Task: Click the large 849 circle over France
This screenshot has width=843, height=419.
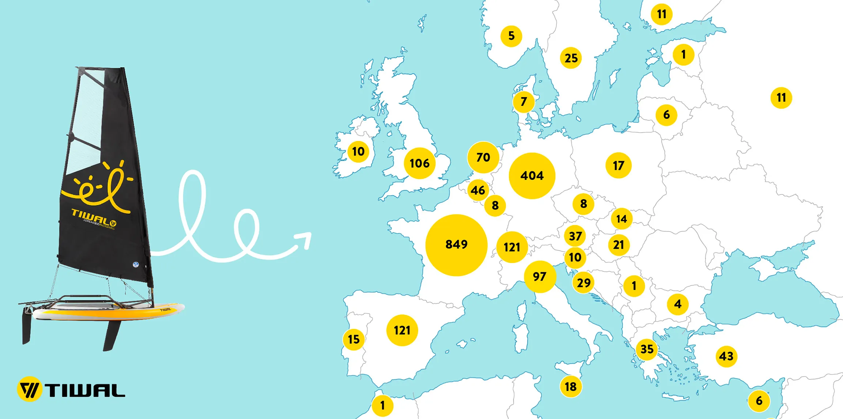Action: pos(456,245)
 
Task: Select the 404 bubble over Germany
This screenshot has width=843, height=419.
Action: pos(532,176)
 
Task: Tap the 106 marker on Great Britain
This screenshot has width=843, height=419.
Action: pos(419,163)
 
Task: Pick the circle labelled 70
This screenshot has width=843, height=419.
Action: pos(483,157)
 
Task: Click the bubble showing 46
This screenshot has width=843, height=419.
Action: pos(478,190)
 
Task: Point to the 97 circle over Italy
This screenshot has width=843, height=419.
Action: pos(540,277)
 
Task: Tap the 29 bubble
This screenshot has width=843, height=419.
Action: pos(583,283)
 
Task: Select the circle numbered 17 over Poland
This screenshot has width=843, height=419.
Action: pos(618,166)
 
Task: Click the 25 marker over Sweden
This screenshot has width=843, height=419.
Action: pos(571,58)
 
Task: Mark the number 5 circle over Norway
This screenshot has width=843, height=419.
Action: pos(511,36)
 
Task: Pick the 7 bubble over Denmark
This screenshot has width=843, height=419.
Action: pos(523,102)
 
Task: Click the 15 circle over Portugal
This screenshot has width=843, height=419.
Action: pos(354,340)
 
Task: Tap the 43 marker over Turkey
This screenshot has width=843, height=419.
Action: pos(726,356)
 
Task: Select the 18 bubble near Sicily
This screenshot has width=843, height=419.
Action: pos(571,386)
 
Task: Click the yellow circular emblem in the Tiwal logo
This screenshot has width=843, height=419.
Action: pos(29,389)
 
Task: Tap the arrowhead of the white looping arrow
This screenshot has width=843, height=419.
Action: pos(305,240)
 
